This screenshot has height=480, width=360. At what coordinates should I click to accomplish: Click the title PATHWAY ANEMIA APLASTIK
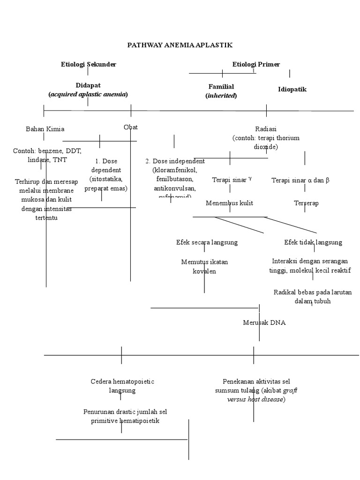point(180,45)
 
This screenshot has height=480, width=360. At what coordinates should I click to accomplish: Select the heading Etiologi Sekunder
point(89,64)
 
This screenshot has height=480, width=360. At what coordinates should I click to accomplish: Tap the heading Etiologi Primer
point(256,64)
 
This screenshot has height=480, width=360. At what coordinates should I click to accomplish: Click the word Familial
point(221,87)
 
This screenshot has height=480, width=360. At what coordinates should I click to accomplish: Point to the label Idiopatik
point(292,89)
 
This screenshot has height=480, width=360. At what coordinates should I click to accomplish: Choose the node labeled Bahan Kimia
point(45,129)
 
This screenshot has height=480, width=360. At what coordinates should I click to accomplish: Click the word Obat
point(130,127)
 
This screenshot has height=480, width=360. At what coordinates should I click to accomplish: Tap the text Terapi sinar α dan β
point(300,180)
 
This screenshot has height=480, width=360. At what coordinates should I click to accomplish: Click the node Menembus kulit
point(229,203)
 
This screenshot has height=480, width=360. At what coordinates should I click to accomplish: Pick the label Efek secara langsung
point(207,242)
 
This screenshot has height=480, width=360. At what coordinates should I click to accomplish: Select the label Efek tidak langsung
point(313,242)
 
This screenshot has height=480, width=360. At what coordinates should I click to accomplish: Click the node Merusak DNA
point(264,322)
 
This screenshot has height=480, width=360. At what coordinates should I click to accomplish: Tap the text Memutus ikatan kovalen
point(204,266)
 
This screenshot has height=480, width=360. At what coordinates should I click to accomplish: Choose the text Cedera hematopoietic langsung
point(122,386)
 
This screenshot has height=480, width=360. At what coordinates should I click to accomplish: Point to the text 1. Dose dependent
point(105,165)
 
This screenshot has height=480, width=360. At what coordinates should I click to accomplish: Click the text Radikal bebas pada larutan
point(313,292)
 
